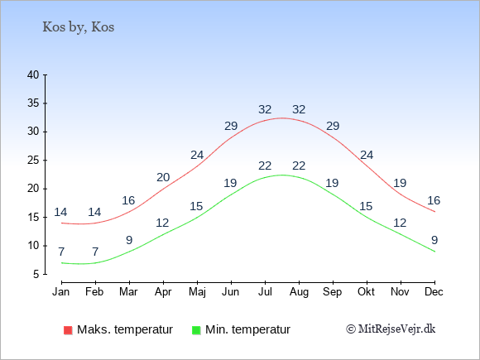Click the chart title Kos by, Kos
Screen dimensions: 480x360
(x=79, y=27)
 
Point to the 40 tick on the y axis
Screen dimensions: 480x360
(x=33, y=74)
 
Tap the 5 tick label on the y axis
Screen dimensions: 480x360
(x=36, y=274)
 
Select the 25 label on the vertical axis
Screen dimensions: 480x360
(x=33, y=160)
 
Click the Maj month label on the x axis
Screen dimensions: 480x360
(x=197, y=292)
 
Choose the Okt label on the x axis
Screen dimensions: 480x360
(x=366, y=292)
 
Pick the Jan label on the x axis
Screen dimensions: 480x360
(x=61, y=292)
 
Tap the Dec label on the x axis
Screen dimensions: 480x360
(x=434, y=292)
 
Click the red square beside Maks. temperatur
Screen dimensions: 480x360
(x=68, y=330)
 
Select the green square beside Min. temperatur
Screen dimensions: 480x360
(x=196, y=330)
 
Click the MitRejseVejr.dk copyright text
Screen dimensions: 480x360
(x=391, y=329)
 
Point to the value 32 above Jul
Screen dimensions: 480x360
(x=265, y=109)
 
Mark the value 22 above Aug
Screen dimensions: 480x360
(x=299, y=166)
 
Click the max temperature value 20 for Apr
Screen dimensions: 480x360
(x=163, y=177)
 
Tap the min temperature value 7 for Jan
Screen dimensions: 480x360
(x=61, y=252)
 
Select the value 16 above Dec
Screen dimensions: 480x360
(x=434, y=200)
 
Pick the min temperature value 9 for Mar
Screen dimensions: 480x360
(x=129, y=240)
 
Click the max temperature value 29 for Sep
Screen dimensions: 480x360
(x=333, y=126)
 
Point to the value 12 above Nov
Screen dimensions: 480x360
(x=400, y=223)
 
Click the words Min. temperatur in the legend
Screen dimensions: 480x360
(x=247, y=329)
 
